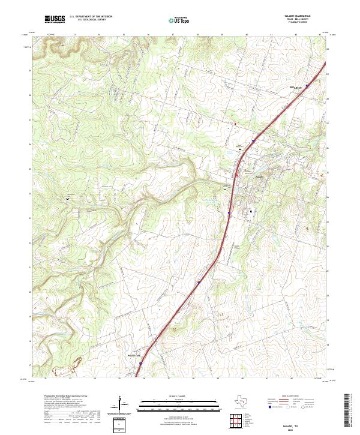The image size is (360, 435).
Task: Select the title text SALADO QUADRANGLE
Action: click(298, 16)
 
